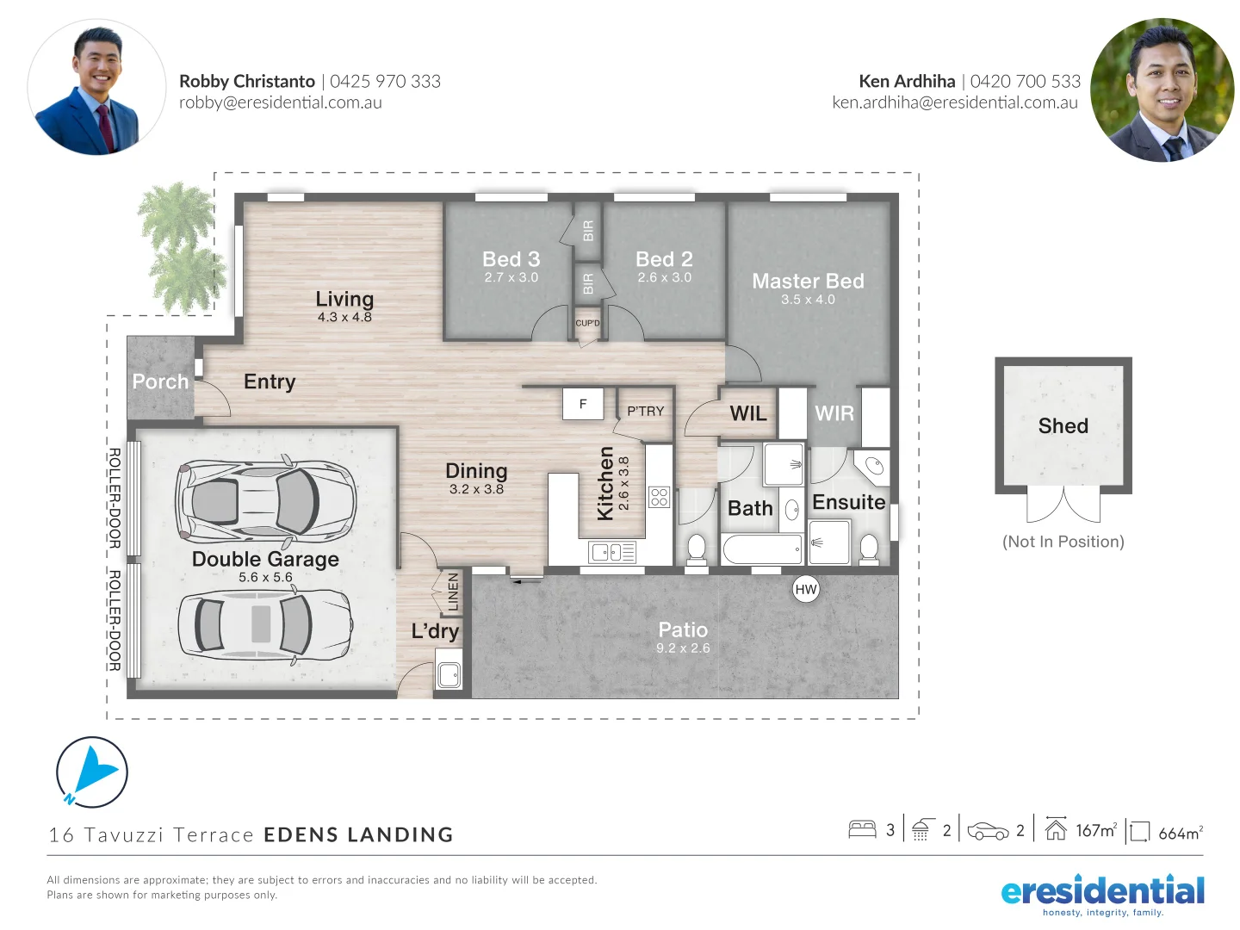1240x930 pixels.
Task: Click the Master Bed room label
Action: coord(808,281)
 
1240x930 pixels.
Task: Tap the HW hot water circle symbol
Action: coord(806,590)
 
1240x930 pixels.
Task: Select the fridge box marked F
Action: coord(583,404)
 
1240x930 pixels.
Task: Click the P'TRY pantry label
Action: coord(645,412)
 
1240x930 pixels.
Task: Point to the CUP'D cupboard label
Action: coord(587,324)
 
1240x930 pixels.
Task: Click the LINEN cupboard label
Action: coord(453,592)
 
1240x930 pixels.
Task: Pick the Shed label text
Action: coord(1063,426)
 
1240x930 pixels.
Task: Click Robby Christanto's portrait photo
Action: coord(96,89)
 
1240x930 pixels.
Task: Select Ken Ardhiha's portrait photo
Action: coord(1162,90)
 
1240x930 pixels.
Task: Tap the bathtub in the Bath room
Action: coord(762,549)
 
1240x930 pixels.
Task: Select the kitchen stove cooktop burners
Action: coord(660,497)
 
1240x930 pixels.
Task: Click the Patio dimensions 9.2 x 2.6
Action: coord(683,648)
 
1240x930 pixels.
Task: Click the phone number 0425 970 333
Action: coord(385,82)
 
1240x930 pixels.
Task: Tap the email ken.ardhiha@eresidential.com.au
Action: coord(954,102)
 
